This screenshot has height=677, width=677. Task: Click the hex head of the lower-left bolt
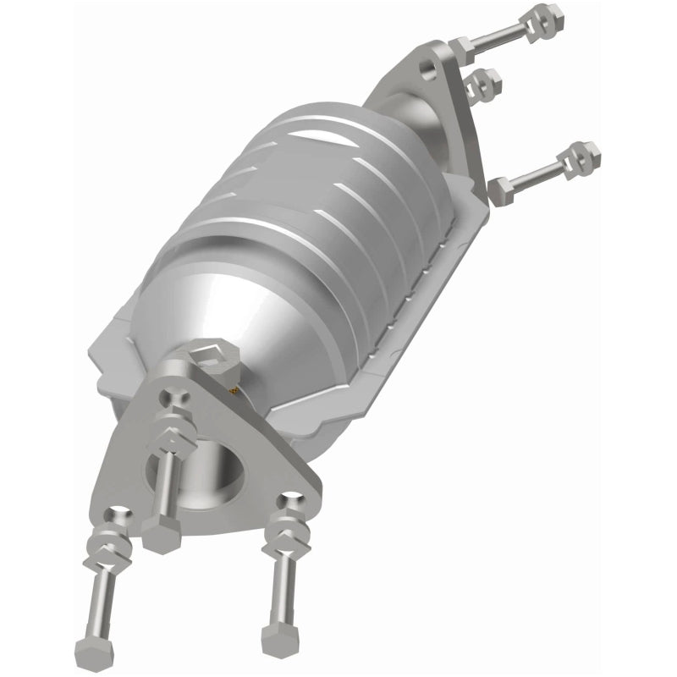[93, 650]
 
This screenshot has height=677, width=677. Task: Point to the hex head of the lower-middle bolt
[161, 535]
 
